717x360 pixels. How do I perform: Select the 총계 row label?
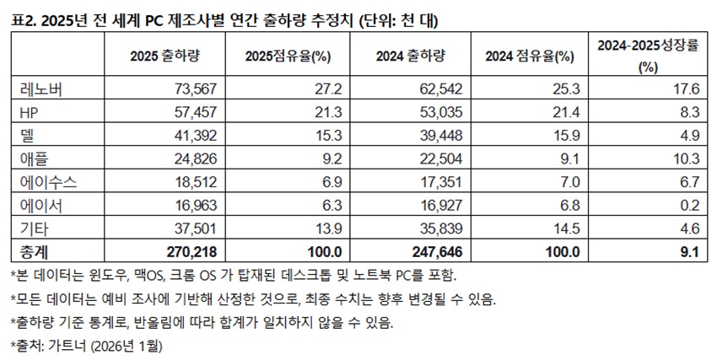[30, 250]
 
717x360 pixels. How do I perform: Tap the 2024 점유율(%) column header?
[530, 56]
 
